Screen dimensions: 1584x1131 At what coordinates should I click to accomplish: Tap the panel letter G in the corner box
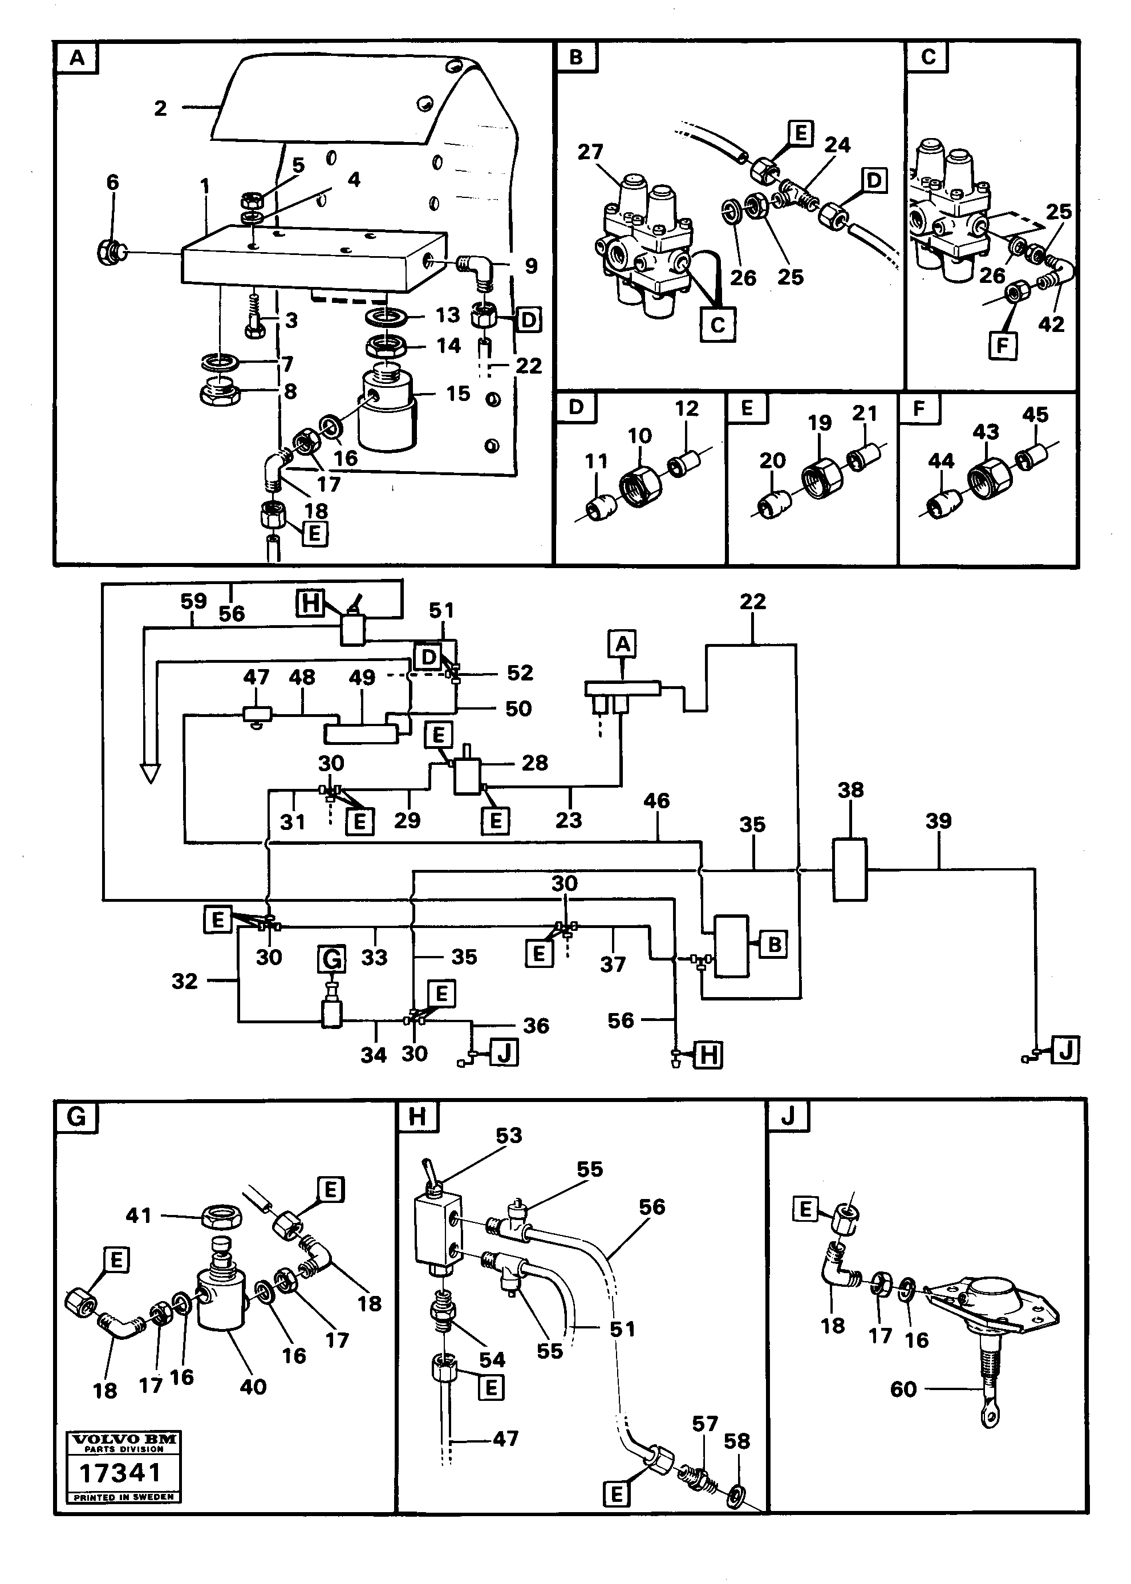click(76, 1117)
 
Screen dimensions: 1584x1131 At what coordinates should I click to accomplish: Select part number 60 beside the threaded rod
click(903, 1389)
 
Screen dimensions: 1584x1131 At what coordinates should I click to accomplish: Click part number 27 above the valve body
click(590, 151)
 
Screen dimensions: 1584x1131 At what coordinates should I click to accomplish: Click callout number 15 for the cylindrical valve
click(457, 394)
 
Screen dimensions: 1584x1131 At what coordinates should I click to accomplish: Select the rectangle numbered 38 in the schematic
click(850, 869)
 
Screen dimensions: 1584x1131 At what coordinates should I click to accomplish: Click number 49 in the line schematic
click(362, 677)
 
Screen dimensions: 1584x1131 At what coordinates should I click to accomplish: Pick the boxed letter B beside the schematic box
click(773, 945)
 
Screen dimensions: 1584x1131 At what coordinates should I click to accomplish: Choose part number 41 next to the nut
click(139, 1216)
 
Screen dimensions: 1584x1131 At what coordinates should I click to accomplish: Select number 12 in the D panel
click(686, 408)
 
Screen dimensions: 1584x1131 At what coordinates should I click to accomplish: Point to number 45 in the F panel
click(1035, 415)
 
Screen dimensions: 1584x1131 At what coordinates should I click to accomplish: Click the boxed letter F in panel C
click(1003, 345)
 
